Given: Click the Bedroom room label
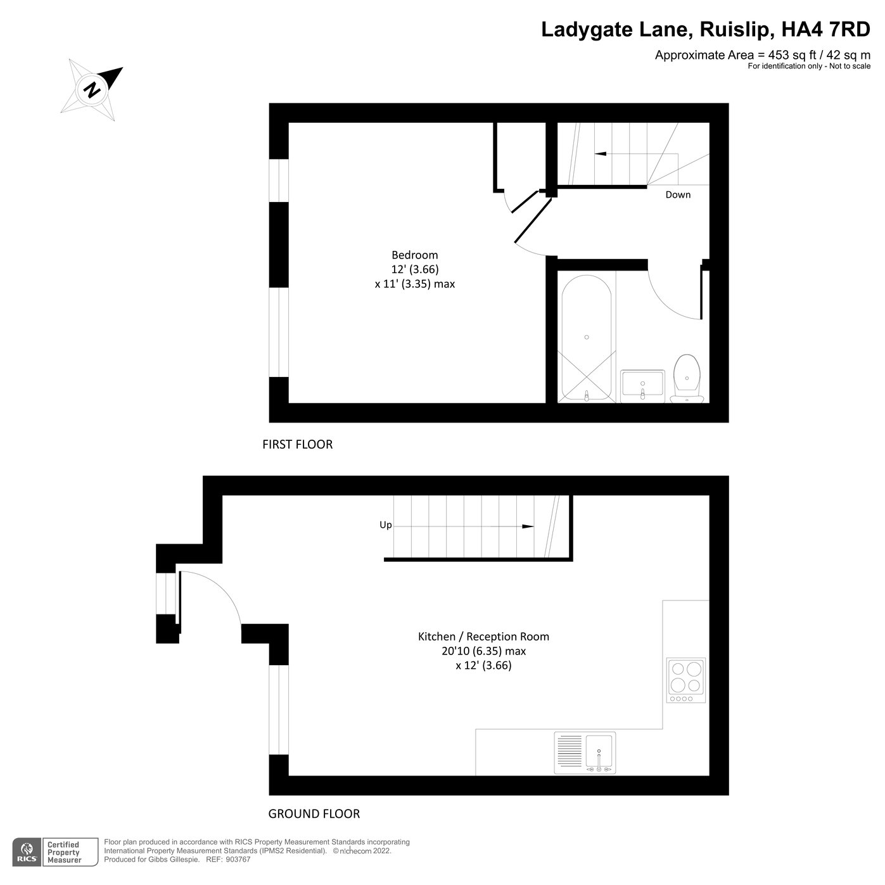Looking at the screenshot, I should coord(414,255).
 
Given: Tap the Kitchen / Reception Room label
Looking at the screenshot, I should coord(483,637).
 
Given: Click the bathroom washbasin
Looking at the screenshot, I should coord(642,386).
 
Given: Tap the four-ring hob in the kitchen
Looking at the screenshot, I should coord(686,677).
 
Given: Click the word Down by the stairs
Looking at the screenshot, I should coord(678,194).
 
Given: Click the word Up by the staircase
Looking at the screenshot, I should coord(385,525).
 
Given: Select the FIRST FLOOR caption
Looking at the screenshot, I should coord(297,445).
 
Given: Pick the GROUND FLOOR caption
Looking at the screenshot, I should coord(314,814).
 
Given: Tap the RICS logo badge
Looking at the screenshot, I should coord(27,852).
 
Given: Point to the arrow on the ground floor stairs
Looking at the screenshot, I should coord(526,526).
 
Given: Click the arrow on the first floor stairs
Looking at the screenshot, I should coord(600,153).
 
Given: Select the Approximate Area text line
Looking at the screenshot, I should coord(762,55).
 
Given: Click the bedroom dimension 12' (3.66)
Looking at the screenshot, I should coord(414,269).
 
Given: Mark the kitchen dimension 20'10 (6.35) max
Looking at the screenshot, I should coord(483,651).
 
